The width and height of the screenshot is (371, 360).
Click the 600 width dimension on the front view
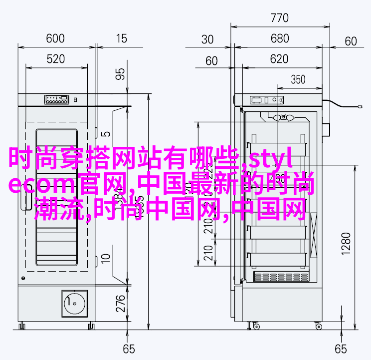[x=55, y=38]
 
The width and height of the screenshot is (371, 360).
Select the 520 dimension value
[x=55, y=60]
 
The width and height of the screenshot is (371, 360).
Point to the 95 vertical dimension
[x=120, y=74]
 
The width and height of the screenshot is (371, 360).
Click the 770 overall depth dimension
[x=280, y=19]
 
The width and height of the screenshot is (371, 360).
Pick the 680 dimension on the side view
[x=280, y=39]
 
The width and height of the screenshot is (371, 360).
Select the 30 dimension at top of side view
[x=208, y=39]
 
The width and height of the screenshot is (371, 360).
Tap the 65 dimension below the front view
[x=129, y=348]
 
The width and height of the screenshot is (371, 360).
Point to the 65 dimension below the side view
[x=341, y=348]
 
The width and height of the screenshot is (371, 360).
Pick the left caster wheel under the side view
[x=256, y=326]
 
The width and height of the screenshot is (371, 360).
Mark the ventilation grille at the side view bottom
[x=279, y=277]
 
